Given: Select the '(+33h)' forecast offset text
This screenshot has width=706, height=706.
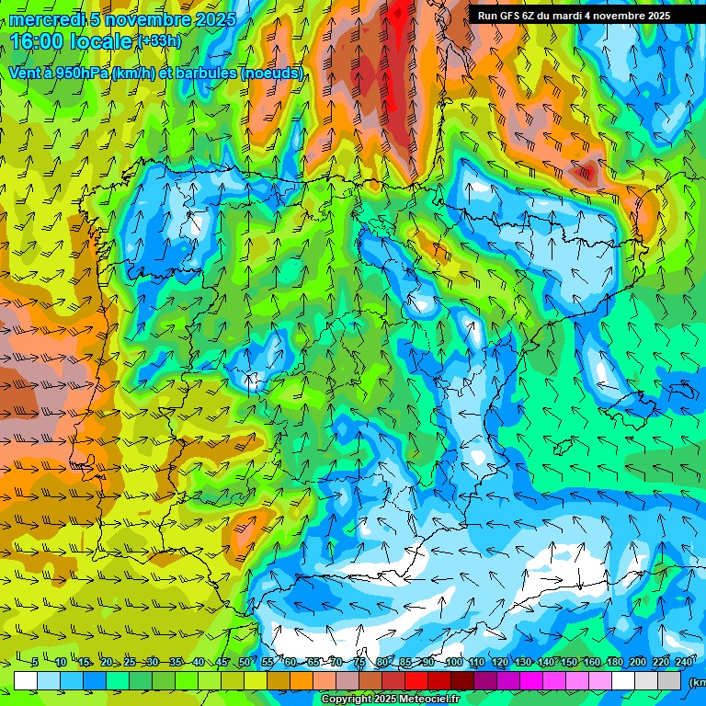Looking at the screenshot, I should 158,41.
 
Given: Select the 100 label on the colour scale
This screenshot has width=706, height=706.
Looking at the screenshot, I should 454,663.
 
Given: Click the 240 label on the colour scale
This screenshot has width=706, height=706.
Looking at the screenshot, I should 684,663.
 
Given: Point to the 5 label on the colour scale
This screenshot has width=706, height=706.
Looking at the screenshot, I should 35,663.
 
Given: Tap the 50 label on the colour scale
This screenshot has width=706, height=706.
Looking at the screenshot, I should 245,663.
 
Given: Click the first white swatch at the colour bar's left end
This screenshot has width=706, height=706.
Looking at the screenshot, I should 26,681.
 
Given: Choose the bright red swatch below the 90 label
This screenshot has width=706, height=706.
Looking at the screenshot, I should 416,681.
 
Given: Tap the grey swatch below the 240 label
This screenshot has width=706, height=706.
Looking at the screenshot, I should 669,681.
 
